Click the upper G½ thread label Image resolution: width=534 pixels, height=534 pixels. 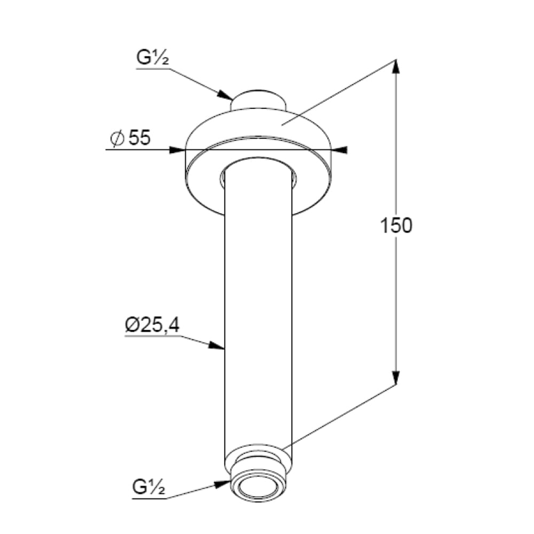coord(153,58)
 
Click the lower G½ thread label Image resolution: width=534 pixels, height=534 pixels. coord(149,488)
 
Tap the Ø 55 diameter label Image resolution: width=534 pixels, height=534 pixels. coord(130,138)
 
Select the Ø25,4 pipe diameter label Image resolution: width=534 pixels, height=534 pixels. coord(152,325)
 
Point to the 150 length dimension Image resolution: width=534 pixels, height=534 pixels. coord(396,225)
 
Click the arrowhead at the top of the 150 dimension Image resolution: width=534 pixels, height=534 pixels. coord(395,67)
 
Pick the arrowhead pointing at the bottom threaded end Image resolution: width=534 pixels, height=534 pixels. coord(223,484)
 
